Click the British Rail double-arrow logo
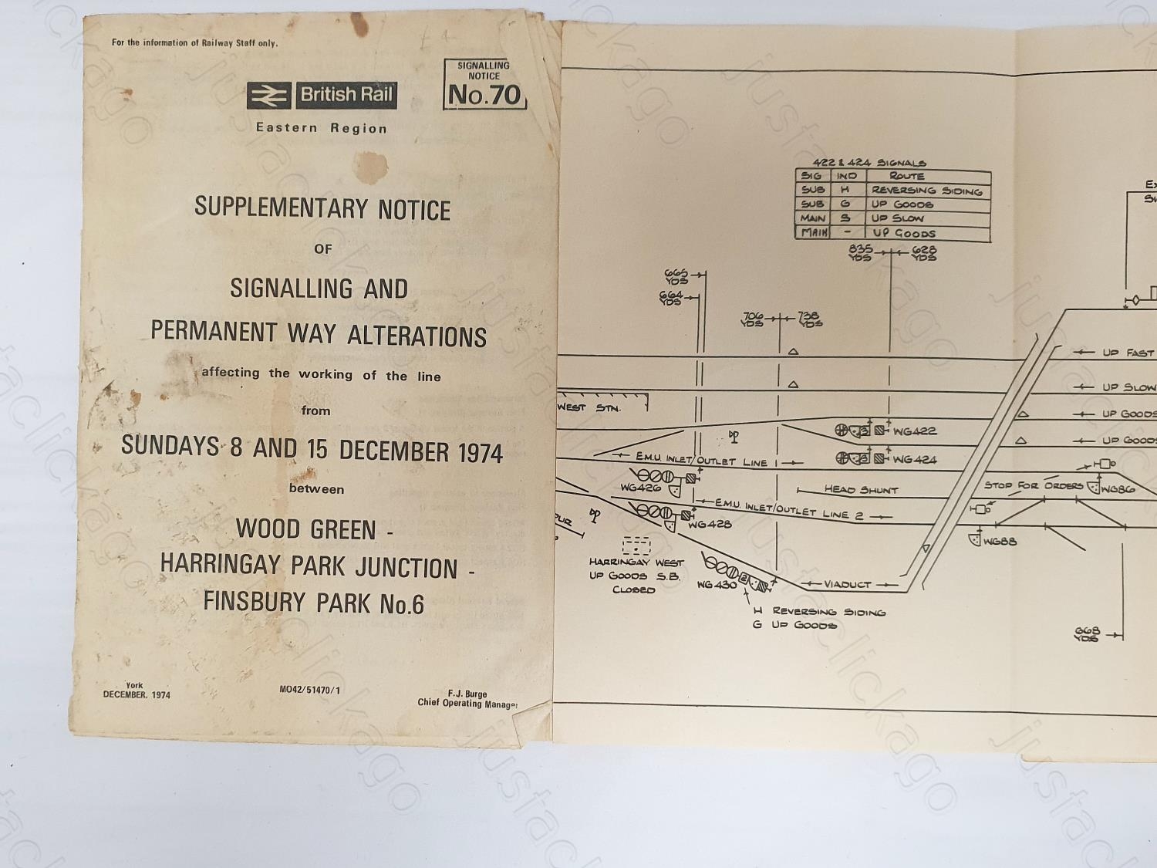269,95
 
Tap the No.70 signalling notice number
484,95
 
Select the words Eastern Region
322,128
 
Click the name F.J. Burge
467,694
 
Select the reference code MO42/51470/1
309,690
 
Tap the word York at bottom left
135,685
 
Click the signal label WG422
915,431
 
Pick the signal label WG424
915,460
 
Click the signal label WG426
640,488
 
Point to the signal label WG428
710,525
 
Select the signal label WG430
717,585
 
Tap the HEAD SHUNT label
861,489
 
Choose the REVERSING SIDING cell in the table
926,191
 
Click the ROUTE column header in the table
906,176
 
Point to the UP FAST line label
1128,353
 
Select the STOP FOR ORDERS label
1034,485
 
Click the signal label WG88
1000,542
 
